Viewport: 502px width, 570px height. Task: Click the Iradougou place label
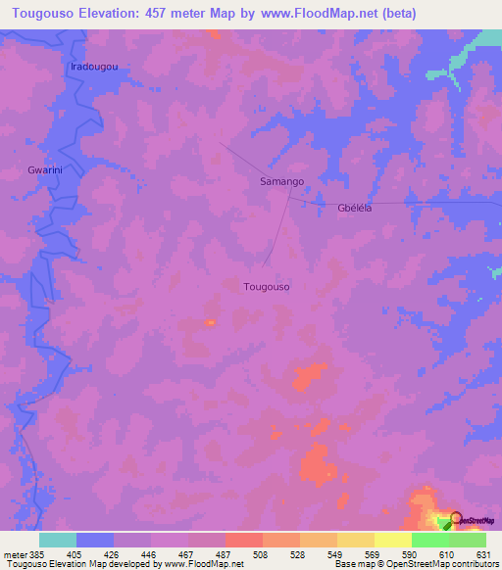[95, 67]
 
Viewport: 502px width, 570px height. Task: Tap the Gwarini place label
[45, 170]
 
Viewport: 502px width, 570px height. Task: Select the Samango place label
[281, 182]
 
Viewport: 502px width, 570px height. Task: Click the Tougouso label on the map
[267, 287]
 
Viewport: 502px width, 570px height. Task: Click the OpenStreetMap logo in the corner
[472, 520]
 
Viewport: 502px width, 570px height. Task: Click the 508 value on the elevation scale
[262, 553]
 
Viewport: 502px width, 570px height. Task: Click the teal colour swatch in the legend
[58, 540]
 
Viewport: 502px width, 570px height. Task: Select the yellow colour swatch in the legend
[355, 540]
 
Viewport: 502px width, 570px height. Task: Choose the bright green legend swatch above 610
[429, 540]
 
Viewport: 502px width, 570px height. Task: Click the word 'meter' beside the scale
[13, 553]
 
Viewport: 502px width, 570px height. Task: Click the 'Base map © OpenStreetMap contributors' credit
[416, 564]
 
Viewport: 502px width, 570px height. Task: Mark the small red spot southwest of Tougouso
[209, 321]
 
